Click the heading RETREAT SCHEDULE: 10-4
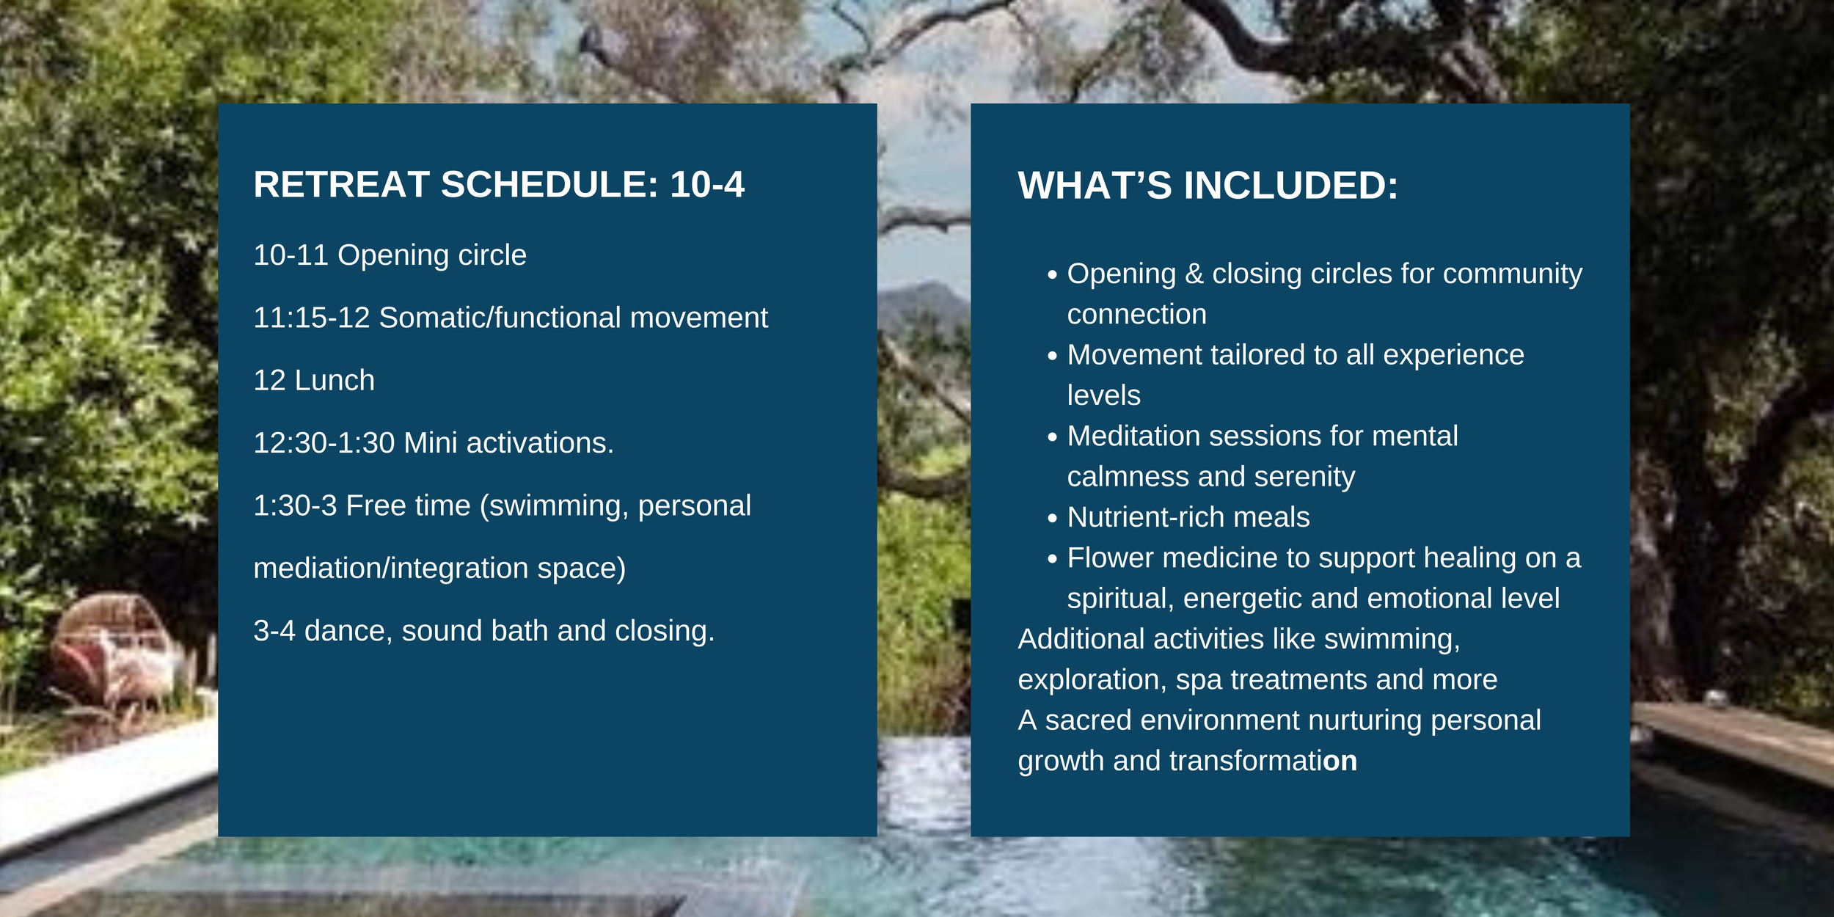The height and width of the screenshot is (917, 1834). [x=499, y=184]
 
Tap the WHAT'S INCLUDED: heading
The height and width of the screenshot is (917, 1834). [x=1208, y=185]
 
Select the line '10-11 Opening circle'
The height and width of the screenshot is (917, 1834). [x=390, y=255]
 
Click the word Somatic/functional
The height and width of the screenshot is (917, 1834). [x=500, y=318]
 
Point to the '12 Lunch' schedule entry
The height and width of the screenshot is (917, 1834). [x=314, y=380]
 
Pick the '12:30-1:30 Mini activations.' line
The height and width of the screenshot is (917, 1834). [x=434, y=443]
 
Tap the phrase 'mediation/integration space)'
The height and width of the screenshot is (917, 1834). [x=439, y=569]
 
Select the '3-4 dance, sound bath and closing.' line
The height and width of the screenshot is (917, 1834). [x=483, y=631]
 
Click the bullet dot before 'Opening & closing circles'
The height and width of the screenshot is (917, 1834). [x=1053, y=275]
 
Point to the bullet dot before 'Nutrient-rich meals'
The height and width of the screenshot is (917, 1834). [x=1053, y=519]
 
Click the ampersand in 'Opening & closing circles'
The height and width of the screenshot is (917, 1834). [x=1194, y=274]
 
